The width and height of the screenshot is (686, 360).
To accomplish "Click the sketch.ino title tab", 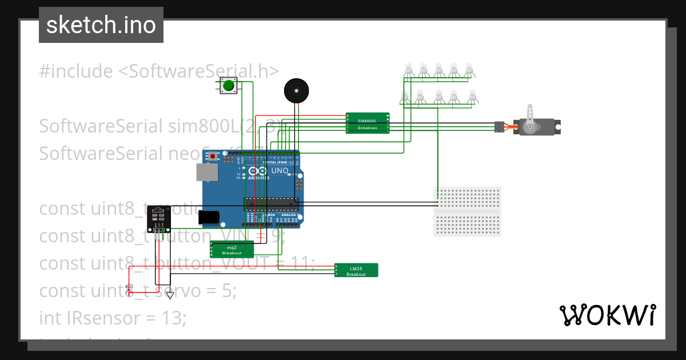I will [x=101, y=25].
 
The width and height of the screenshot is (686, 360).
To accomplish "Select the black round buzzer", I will [x=296, y=91].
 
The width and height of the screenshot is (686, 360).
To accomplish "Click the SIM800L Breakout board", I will [x=367, y=123].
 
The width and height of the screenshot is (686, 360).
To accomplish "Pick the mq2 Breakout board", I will [x=232, y=250].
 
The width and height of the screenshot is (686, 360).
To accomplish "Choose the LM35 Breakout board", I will [x=356, y=270].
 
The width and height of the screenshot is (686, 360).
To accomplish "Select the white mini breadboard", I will [x=467, y=211].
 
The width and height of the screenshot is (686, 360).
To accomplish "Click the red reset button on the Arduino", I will [x=213, y=156].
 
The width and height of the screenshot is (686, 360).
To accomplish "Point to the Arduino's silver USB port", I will [x=206, y=173].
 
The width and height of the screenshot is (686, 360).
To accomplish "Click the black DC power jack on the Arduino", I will [x=209, y=217].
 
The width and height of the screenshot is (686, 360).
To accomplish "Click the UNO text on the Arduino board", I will [x=279, y=170].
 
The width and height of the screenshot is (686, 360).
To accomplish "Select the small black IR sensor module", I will [x=158, y=219].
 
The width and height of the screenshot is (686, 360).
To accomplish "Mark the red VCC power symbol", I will [x=129, y=289].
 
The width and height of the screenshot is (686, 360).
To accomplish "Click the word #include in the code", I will [x=76, y=71].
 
